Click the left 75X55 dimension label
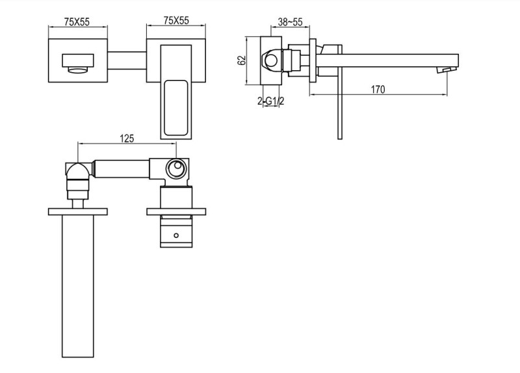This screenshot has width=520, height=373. [x=77, y=21]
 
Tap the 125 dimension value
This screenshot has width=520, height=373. [x=127, y=138]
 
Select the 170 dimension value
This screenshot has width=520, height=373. [x=378, y=90]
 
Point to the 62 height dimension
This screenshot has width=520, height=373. [x=242, y=60]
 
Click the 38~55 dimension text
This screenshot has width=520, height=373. [x=290, y=21]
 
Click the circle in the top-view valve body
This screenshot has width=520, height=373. [x=175, y=169]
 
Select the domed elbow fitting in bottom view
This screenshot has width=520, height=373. [x=77, y=172]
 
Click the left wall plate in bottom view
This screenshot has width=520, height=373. [x=77, y=211]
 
